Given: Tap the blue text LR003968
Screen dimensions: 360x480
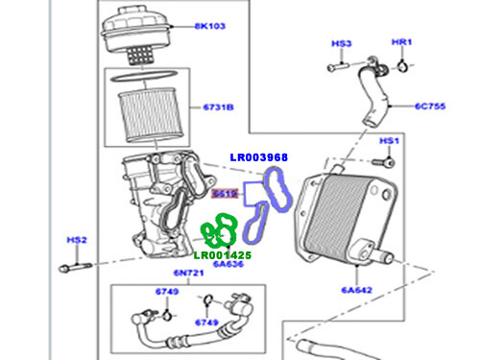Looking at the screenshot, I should (259, 156).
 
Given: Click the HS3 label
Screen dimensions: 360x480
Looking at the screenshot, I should (342, 44).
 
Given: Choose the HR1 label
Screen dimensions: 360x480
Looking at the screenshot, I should (402, 44).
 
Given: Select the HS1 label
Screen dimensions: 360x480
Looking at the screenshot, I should (388, 141).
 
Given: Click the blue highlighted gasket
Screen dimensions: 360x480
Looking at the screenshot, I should (269, 202).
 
